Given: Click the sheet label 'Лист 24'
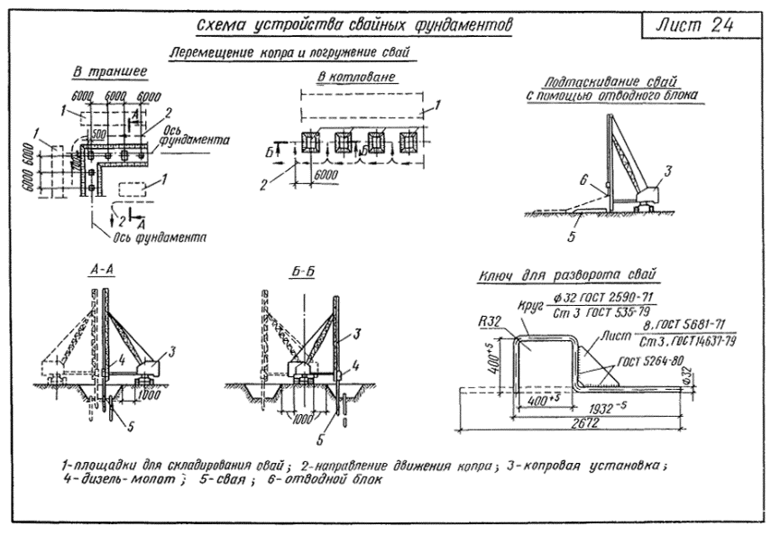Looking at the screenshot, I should click(694, 25).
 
